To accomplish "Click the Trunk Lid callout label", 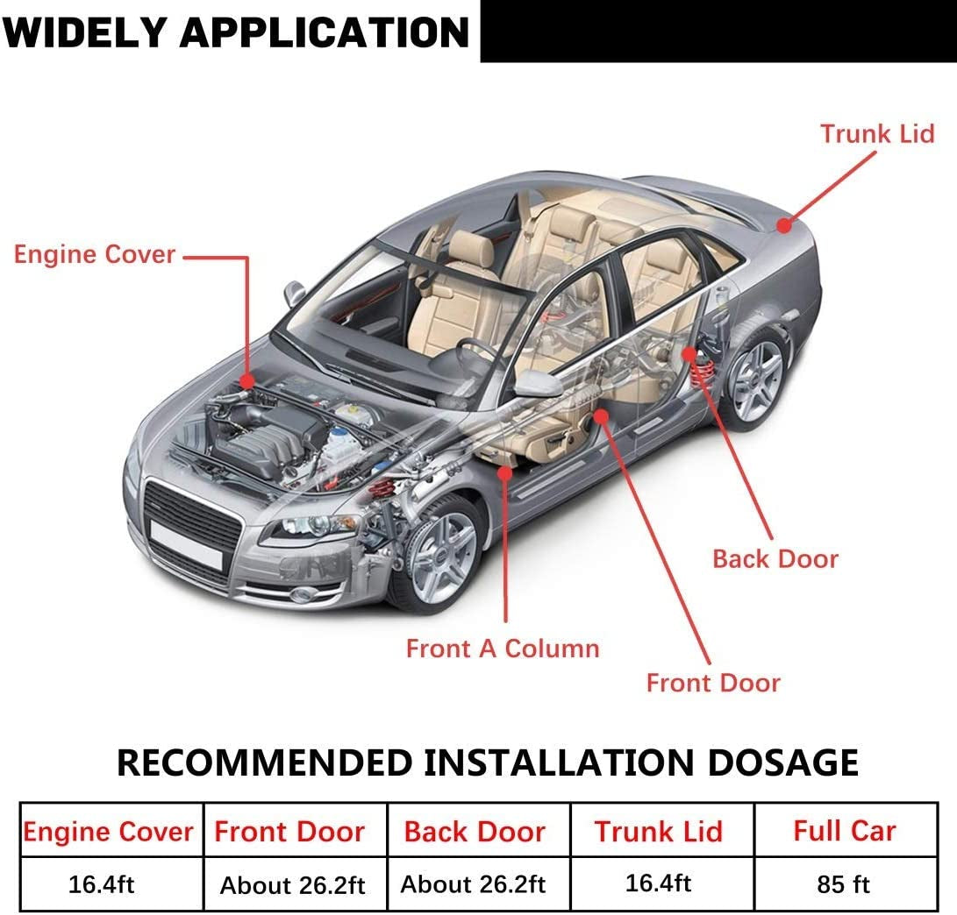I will coord(877,134).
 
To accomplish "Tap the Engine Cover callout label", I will coord(95,255).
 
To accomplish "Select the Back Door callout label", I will coord(775,559).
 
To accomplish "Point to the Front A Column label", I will coord(503,649).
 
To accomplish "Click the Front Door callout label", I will coord(713,683).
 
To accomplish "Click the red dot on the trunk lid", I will coord(783,225).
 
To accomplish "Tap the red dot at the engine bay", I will coord(248,381).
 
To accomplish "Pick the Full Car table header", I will coord(844,831).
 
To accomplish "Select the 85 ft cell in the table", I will coord(843,884).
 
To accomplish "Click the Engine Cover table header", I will coord(108,832).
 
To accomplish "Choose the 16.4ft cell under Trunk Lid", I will coord(658,883).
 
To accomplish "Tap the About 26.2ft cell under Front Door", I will coord(292,885).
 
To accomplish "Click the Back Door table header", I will coord(475,832).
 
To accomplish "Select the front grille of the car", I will coord(191,516).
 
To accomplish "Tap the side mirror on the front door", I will coord(537,383).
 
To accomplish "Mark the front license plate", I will coord(185,545).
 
